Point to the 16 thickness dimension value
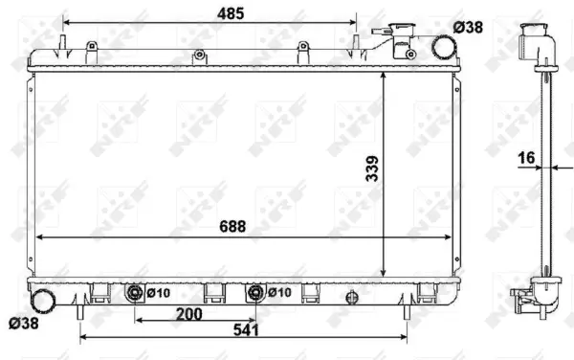(525, 158)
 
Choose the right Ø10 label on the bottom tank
(278, 293)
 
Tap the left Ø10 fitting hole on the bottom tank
(135, 292)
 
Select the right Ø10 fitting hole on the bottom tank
(255, 292)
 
